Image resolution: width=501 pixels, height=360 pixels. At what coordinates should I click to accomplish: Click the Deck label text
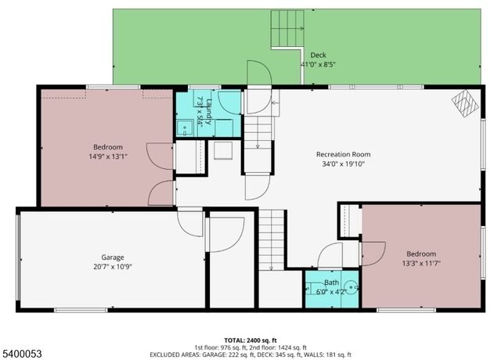[318, 55]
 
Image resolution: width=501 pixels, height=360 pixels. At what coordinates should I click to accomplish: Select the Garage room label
[113, 257]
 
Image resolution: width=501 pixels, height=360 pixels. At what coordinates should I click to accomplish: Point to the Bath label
[333, 283]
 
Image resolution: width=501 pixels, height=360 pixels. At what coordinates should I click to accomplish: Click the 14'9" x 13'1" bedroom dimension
[108, 157]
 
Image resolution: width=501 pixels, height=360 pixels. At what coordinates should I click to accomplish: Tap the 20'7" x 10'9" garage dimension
[113, 267]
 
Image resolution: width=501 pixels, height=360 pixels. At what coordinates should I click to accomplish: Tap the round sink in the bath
[351, 287]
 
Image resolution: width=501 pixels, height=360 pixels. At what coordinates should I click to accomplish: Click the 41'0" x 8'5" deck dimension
[318, 64]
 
